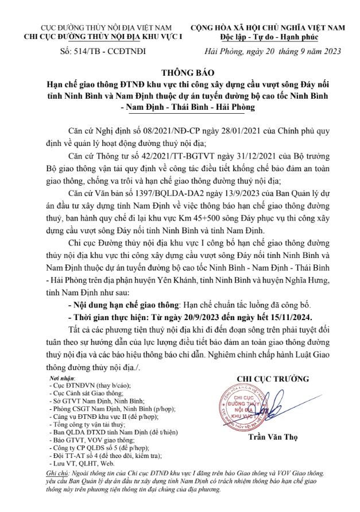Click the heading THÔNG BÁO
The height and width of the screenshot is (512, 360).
tap(180, 74)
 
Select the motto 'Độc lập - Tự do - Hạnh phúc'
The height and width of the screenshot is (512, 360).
tap(267, 36)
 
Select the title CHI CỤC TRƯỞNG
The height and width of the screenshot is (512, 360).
tap(273, 379)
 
